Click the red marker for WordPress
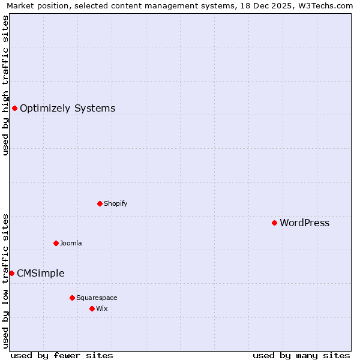pyautogui.click(x=274, y=223)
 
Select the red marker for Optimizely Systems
pyautogui.click(x=14, y=108)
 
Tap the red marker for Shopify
pyautogui.click(x=100, y=203)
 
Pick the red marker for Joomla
pyautogui.click(x=56, y=243)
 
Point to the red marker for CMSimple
pyautogui.click(x=11, y=273)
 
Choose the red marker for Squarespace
pyautogui.click(x=72, y=298)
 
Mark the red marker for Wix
pyautogui.click(x=92, y=308)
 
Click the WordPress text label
pyautogui.click(x=304, y=223)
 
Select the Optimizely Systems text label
pyautogui.click(x=67, y=109)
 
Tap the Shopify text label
pyautogui.click(x=115, y=204)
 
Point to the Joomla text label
pyautogui.click(x=71, y=244)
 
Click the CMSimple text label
pyautogui.click(x=40, y=274)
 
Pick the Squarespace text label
pyautogui.click(x=97, y=298)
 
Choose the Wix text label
pyautogui.click(x=101, y=309)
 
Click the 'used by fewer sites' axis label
pyautogui.click(x=62, y=355)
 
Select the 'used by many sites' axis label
pyautogui.click(x=301, y=355)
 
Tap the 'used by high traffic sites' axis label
pyautogui.click(x=5, y=85)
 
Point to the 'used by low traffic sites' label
pyautogui.click(x=5, y=280)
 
